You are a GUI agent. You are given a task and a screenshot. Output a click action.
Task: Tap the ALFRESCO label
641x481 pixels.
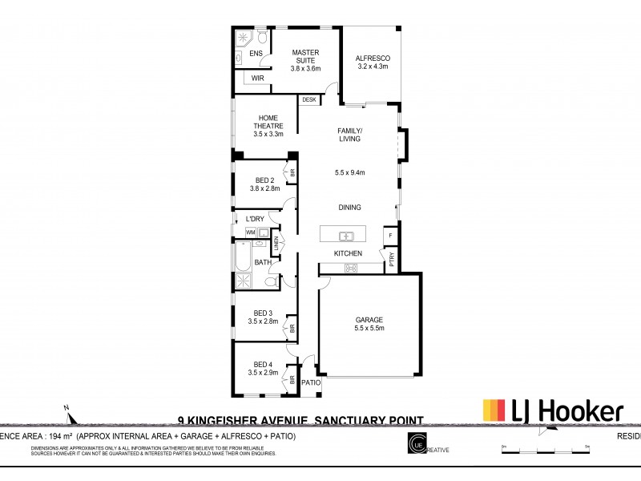(372, 59)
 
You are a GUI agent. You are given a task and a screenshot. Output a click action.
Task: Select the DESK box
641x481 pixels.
(308, 100)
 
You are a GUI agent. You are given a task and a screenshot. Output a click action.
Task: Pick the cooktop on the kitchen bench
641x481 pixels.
(350, 269)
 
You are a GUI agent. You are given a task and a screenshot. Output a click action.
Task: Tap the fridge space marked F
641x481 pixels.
(390, 236)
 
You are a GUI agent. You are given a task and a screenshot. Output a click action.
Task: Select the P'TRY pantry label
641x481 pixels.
(392, 259)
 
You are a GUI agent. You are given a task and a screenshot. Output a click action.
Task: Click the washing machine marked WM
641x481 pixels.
(250, 232)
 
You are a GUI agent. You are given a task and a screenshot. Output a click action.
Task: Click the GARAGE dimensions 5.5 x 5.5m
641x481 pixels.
(369, 328)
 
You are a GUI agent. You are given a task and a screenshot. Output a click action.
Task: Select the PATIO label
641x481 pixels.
(310, 383)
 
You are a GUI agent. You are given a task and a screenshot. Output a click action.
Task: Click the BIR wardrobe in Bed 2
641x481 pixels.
(293, 173)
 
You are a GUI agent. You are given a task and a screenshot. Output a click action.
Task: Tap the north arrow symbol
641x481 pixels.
(72, 416)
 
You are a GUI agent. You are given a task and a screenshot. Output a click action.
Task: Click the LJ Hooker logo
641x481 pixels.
(552, 412)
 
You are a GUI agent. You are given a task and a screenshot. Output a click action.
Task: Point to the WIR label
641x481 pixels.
(257, 78)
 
